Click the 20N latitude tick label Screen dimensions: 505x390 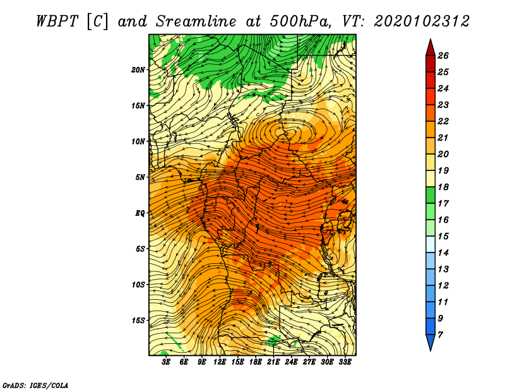[138, 70]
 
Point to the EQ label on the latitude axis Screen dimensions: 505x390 [140, 213]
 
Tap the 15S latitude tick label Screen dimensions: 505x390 [138, 321]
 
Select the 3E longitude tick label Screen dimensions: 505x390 [166, 362]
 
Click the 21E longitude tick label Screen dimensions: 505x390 [273, 362]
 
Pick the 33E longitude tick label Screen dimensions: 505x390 [345, 362]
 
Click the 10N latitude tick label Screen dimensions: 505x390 [138, 141]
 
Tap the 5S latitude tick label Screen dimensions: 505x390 [140, 249]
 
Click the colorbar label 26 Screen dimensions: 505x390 [443, 56]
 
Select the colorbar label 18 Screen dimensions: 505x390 [443, 187]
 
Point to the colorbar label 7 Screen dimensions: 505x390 [440, 335]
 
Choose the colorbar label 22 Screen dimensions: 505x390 [443, 121]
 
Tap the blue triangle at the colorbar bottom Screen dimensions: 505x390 [431, 341]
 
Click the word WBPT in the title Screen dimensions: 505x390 [57, 21]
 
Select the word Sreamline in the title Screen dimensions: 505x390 [196, 21]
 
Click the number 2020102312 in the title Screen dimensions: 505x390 [422, 21]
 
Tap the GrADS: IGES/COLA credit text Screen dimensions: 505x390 [35, 386]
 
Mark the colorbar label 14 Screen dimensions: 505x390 [443, 253]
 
